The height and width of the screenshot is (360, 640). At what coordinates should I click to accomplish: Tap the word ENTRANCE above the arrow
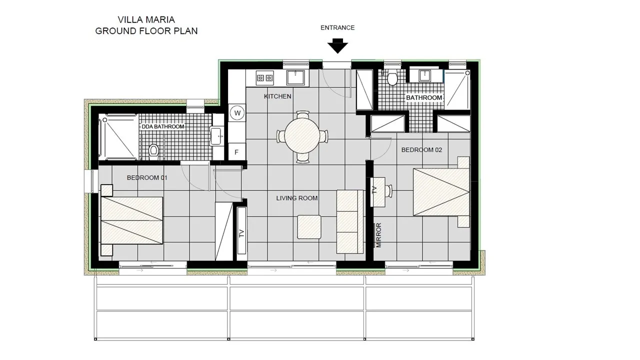coord(337,27)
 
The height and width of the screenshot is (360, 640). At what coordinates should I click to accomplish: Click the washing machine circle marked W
coord(237,113)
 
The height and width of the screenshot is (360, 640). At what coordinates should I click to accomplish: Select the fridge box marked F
coord(236,152)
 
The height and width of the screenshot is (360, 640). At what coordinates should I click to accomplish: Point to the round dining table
coord(301,136)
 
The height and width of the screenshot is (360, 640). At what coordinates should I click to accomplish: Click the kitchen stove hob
coord(264,77)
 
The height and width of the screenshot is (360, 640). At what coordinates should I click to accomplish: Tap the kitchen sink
coord(295,77)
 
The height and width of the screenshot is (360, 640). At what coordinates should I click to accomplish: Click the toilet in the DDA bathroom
coord(153,149)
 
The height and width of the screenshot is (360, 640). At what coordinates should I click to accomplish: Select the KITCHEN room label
coord(277,96)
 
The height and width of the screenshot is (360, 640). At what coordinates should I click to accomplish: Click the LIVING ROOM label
coord(297,198)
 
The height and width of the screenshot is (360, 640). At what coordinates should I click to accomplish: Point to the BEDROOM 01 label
coord(147,177)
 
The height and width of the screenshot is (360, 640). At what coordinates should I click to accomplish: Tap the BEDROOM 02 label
coord(421,149)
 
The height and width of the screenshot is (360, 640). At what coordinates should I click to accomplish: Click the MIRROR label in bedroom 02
coord(379,235)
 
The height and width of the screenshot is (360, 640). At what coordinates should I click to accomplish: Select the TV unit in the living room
coord(241,230)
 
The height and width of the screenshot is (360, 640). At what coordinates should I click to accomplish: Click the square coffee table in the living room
coord(309,227)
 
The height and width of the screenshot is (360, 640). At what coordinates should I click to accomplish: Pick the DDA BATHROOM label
coord(163,126)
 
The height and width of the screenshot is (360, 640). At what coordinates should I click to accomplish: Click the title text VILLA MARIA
coord(146,19)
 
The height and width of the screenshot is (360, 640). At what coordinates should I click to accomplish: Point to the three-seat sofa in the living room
coord(350,221)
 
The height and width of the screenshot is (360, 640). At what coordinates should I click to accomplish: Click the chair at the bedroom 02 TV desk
coord(388,191)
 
